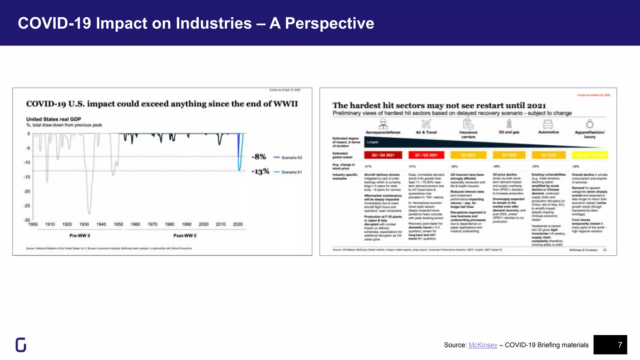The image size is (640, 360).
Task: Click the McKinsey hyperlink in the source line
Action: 483,345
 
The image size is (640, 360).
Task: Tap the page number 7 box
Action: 610,345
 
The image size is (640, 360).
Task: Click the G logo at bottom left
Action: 21,345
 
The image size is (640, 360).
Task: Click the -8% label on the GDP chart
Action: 259,157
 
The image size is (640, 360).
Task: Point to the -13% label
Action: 260,172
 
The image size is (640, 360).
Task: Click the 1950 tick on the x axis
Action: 118,224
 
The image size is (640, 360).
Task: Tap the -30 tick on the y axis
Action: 27,220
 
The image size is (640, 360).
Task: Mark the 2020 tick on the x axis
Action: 237,224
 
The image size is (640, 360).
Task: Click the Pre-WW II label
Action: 80,236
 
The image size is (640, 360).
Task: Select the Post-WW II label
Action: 185,236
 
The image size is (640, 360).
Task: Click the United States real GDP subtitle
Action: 53,119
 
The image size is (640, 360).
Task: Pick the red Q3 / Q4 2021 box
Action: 383,155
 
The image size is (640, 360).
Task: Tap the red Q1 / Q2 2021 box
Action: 426,155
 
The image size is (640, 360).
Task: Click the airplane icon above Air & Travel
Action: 426,124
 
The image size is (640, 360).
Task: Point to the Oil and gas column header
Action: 509,132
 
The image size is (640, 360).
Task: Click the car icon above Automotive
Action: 548,124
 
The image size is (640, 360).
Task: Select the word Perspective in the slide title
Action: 329,23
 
